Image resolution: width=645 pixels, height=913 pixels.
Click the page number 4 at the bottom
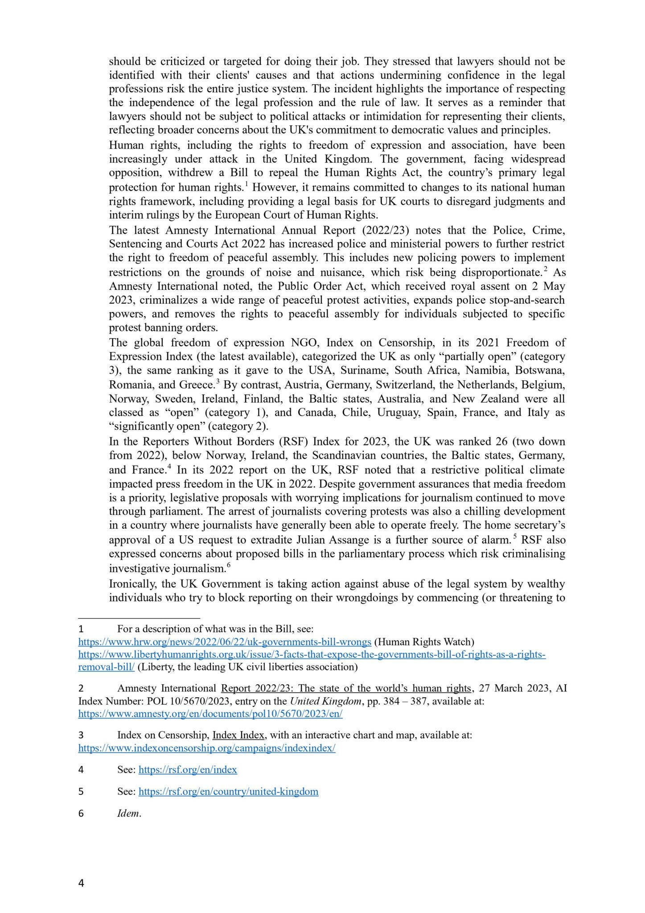81,883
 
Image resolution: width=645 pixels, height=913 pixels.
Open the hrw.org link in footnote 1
225,642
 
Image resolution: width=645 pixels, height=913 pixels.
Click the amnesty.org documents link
210,714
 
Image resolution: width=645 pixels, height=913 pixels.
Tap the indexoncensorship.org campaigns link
207,748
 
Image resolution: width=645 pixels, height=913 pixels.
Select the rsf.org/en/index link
188,769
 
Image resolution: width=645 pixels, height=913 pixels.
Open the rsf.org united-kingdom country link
228,792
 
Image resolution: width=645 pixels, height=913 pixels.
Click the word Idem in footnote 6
129,813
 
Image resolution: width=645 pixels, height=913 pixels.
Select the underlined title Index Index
238,735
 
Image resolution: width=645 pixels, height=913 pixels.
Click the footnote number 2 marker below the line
81,689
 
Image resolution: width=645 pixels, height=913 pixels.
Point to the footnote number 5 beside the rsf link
81,792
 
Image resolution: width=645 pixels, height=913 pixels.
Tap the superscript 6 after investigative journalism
229,566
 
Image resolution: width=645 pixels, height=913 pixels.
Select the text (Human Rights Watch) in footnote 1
424,642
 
